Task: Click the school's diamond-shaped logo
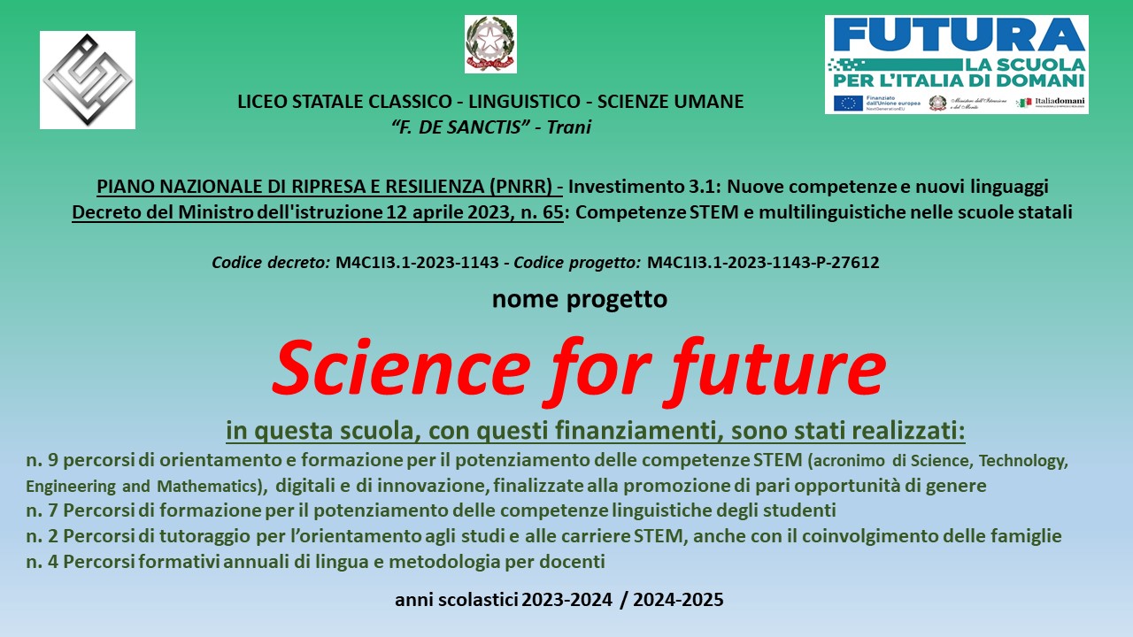click(x=88, y=80)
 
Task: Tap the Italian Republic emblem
click(x=490, y=43)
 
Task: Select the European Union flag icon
click(x=848, y=104)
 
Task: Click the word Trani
click(x=568, y=127)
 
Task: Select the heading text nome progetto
click(x=580, y=299)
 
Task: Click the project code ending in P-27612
click(x=763, y=263)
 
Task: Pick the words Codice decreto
click(x=271, y=263)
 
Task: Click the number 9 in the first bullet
click(x=53, y=460)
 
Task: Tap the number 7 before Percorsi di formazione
click(x=53, y=510)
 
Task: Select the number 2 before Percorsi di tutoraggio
click(x=53, y=536)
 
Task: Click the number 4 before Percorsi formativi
click(x=53, y=562)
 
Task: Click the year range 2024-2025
click(x=678, y=600)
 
